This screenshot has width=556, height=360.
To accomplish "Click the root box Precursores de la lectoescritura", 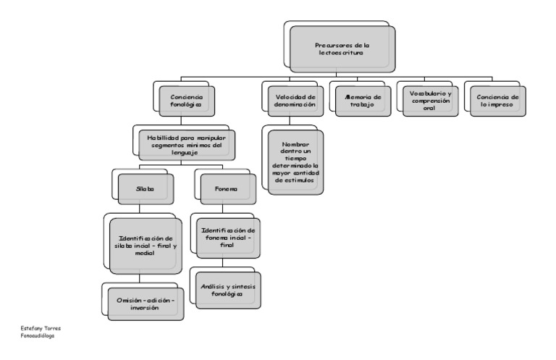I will pos(342,49).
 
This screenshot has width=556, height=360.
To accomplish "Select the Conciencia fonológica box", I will pos(187,99).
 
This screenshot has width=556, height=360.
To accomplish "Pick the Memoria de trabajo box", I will pos(360,99).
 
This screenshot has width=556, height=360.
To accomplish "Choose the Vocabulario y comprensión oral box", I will pos(429,99).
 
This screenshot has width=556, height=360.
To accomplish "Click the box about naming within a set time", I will pos(295,162).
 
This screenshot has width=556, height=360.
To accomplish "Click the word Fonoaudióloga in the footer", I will pos(38,335).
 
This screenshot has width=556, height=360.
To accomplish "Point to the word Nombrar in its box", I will pos(295,143).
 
